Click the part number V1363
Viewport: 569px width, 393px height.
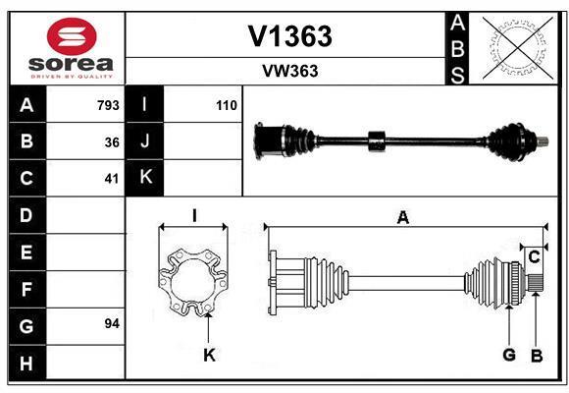point(289,36)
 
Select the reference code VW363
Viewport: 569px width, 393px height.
point(290,71)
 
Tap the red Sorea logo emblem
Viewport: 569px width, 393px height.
point(72,36)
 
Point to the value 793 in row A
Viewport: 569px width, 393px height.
point(108,105)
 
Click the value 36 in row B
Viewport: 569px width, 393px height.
point(112,142)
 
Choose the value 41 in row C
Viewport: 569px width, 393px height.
point(112,179)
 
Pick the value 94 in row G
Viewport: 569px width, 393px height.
point(112,323)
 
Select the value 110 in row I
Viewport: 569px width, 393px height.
point(227,105)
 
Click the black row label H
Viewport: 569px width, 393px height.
point(27,363)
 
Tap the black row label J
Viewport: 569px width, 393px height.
point(144,141)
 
